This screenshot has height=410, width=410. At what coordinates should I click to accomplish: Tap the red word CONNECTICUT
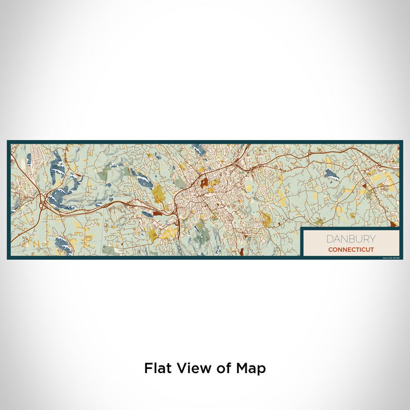tap(351, 250)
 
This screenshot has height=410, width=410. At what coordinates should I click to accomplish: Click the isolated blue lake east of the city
tap(332, 174)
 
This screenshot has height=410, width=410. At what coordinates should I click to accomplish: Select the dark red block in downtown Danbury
tap(204, 182)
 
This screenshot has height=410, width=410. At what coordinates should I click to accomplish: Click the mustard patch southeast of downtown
tap(266, 220)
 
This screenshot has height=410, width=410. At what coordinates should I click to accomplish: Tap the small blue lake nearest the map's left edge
tap(28, 158)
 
